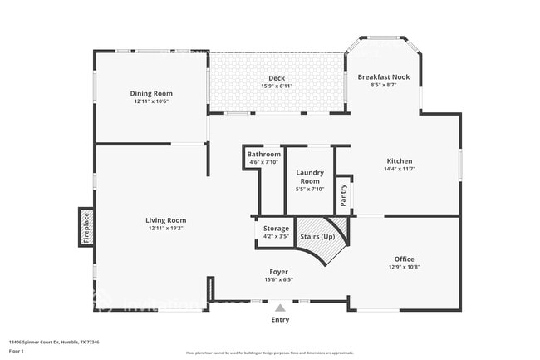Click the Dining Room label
(150, 93)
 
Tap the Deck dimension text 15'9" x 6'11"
(276, 86)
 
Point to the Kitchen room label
(399, 160)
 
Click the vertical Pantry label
(343, 194)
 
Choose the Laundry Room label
(309, 175)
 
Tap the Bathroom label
(263, 154)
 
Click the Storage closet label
(276, 228)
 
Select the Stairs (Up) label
(317, 237)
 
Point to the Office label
(404, 259)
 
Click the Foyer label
(278, 272)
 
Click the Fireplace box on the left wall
(86, 227)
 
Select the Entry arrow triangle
(280, 308)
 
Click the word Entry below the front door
(280, 319)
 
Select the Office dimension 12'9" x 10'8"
(404, 267)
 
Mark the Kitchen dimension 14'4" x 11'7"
(399, 169)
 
